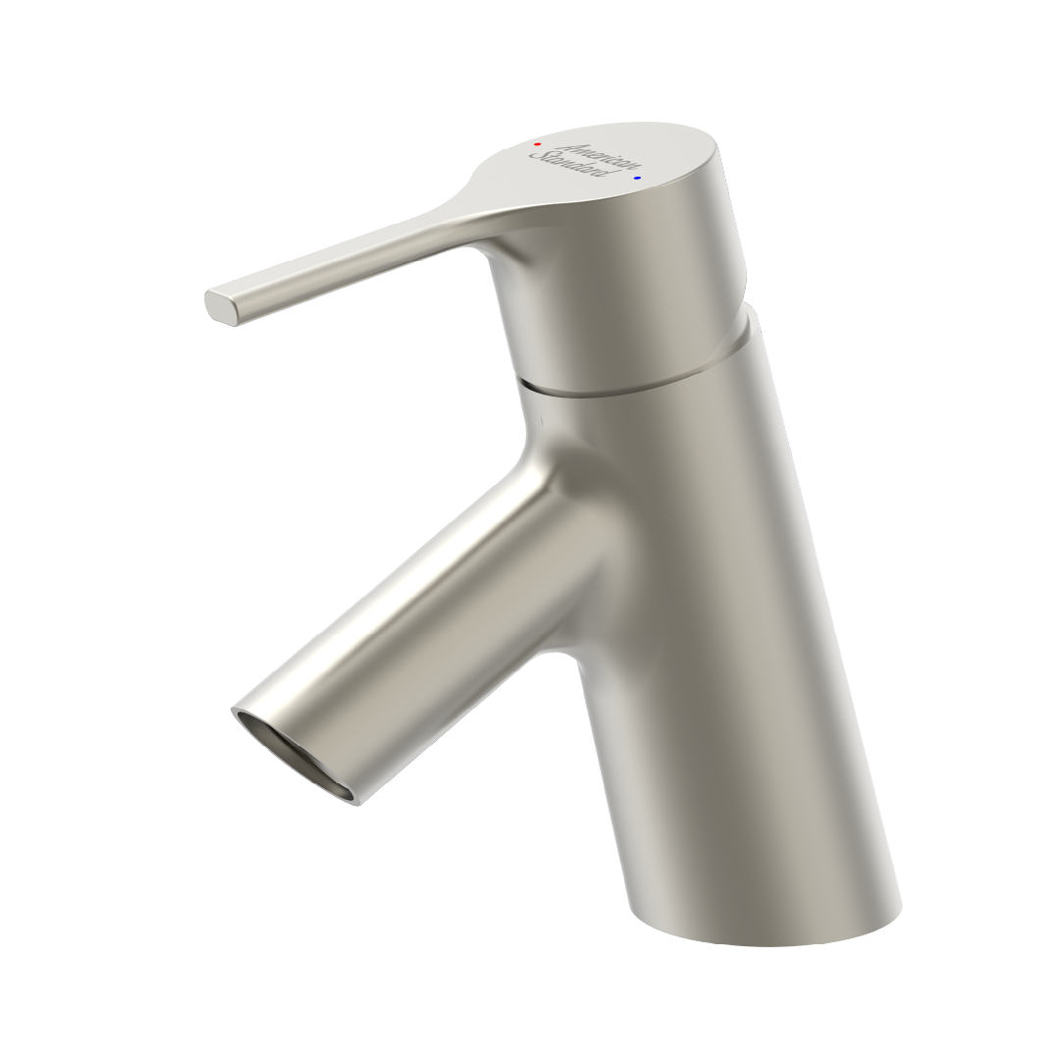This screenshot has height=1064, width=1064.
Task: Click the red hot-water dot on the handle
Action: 538,144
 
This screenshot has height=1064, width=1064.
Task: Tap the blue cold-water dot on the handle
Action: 637,178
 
